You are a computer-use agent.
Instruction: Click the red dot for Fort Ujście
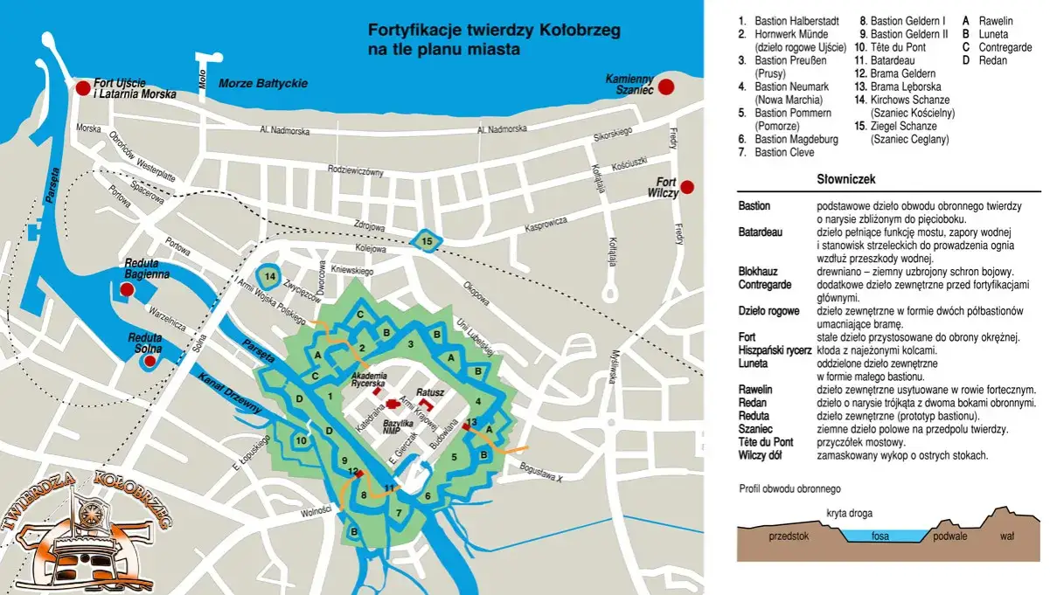coord(82,87)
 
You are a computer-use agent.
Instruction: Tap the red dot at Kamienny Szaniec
coord(666,86)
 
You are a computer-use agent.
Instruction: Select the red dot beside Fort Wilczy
coord(687,186)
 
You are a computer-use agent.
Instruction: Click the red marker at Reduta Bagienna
coord(127,289)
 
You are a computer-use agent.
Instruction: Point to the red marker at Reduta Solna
coord(150,360)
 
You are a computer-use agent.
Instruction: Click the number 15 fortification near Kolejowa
coord(427,241)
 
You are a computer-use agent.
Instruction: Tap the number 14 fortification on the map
coord(270,277)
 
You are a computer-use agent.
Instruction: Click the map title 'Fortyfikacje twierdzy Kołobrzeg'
coord(494,38)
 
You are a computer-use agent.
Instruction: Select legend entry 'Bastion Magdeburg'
coord(796,139)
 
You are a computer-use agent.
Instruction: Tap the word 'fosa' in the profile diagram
coord(880,536)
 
